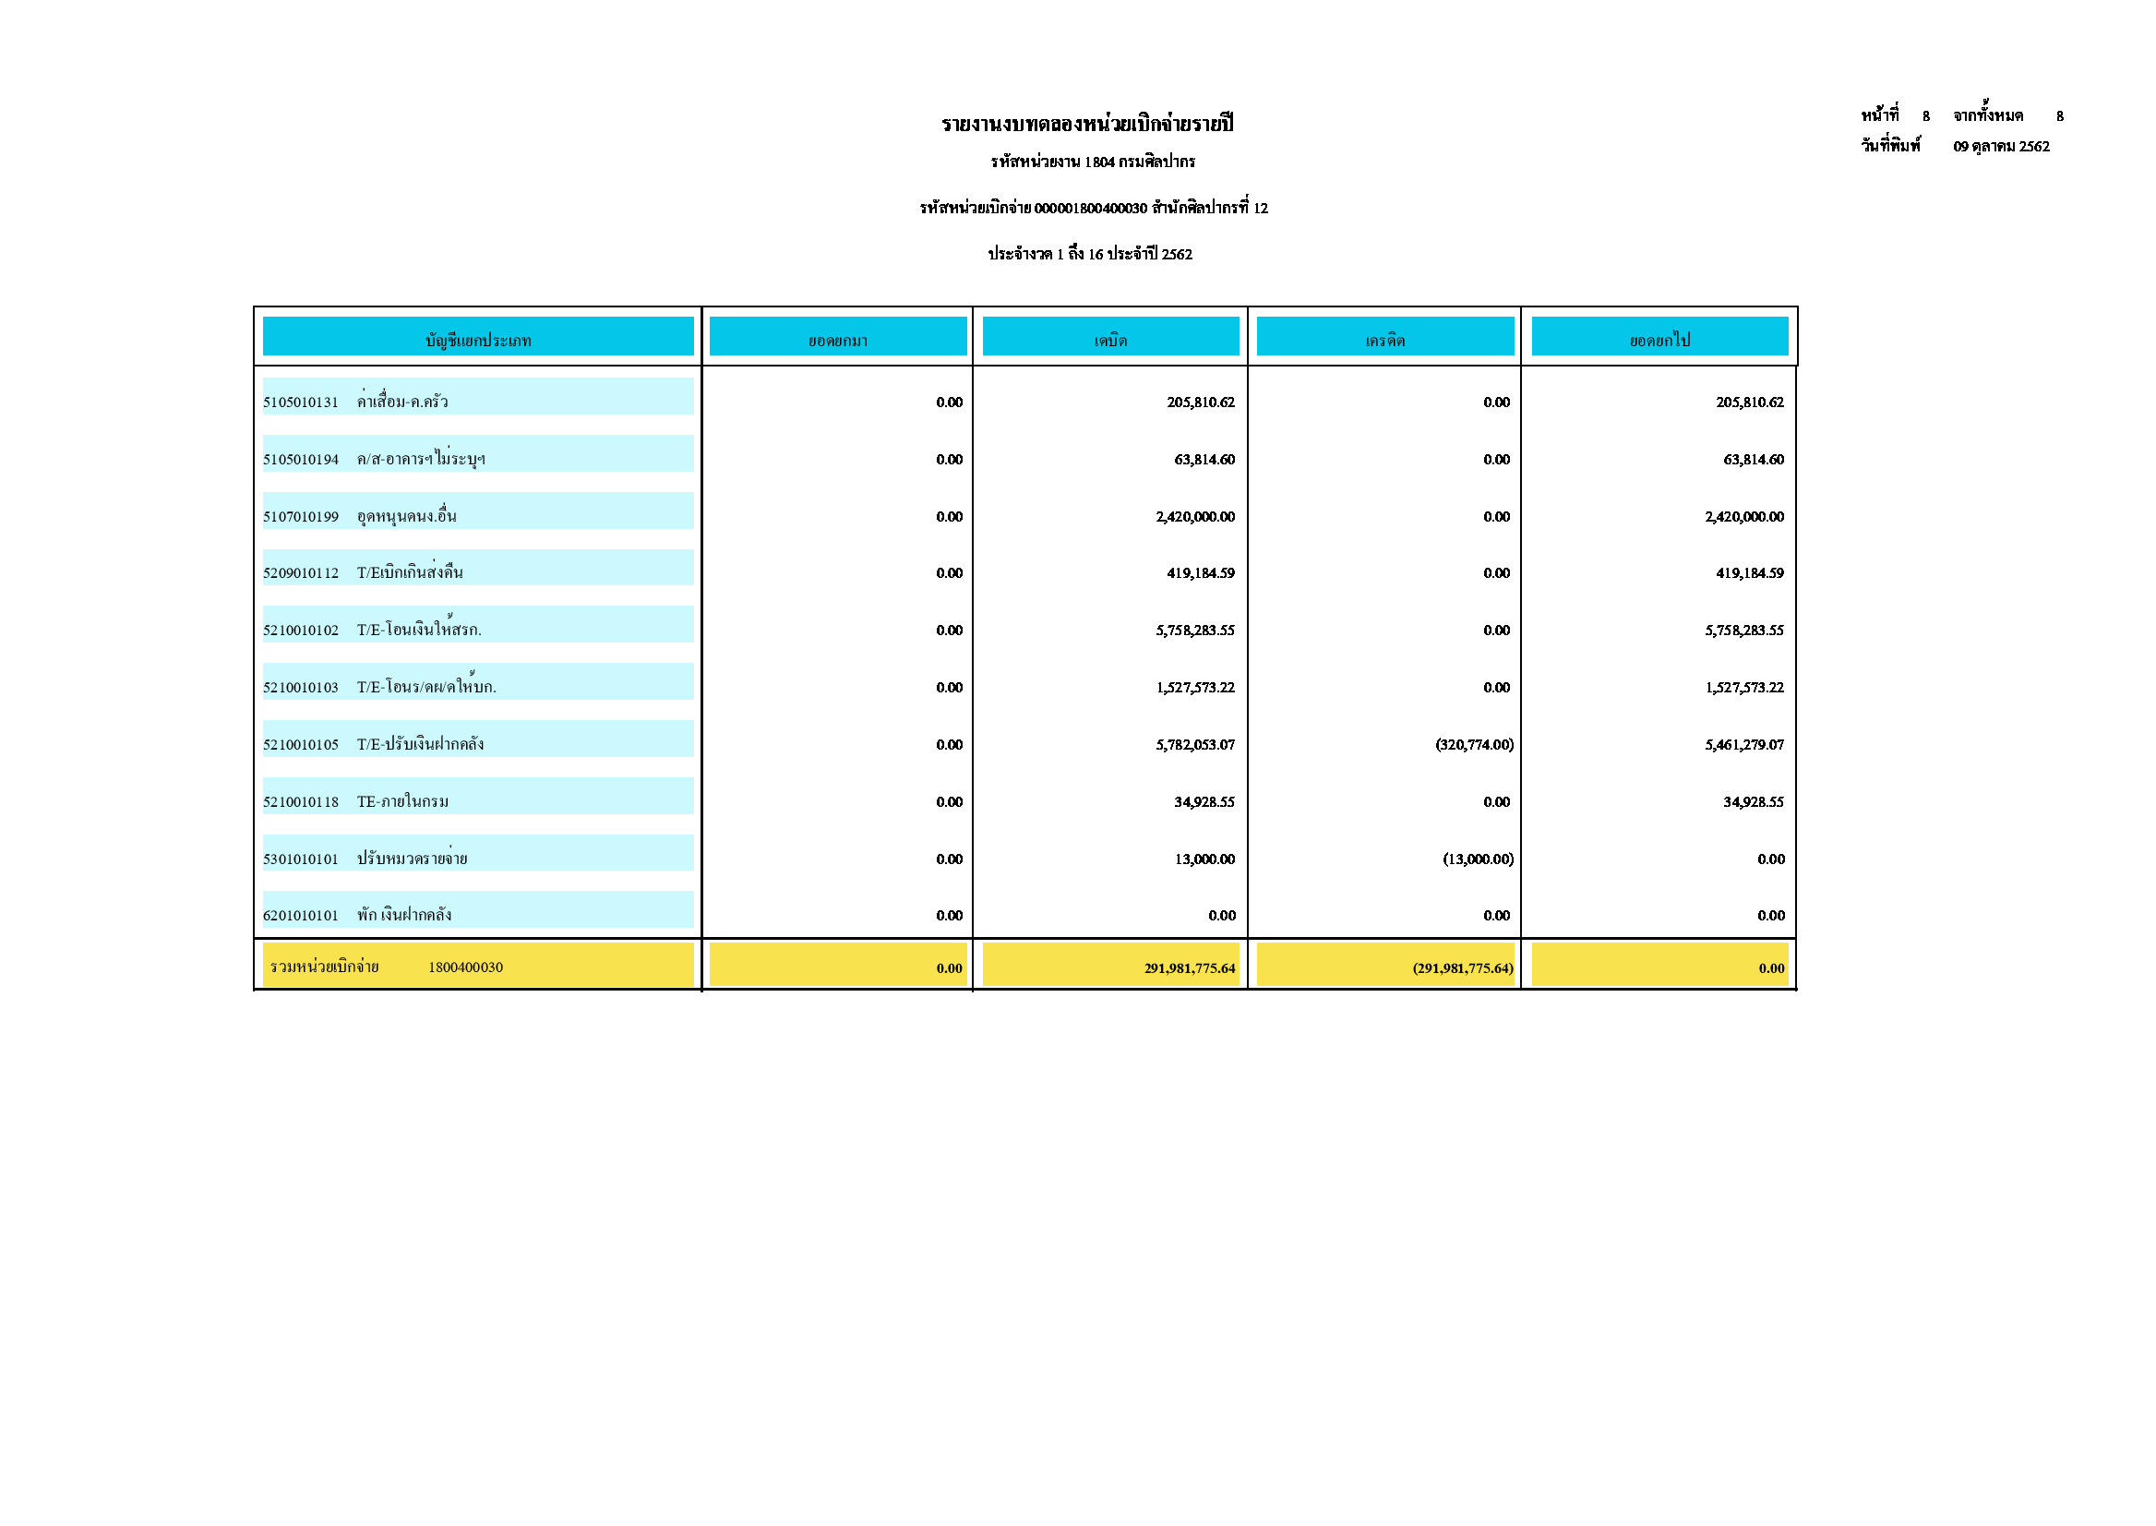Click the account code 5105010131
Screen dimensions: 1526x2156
coord(301,403)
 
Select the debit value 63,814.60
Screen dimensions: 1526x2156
coord(1204,460)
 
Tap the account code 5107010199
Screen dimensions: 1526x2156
coord(301,517)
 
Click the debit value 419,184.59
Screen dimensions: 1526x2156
coord(1201,573)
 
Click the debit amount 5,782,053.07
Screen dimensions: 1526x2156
coord(1195,745)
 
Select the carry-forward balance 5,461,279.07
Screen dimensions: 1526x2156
coord(1744,745)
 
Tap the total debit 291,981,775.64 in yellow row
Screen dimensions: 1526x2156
coord(1190,968)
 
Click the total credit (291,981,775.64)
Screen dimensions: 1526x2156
coord(1463,968)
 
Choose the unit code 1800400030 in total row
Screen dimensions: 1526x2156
coord(465,967)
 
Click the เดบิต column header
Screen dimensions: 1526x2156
coord(1110,340)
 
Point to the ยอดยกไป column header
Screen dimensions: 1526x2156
coord(1660,340)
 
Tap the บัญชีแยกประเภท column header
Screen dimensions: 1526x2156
coord(478,340)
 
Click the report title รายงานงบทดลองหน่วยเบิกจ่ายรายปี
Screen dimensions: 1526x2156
coord(1087,124)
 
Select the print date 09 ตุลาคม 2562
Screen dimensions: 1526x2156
coord(2001,147)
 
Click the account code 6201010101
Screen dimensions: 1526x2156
coord(301,916)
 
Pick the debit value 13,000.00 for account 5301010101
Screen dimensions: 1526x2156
coord(1204,859)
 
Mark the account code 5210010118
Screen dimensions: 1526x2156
coord(301,802)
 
